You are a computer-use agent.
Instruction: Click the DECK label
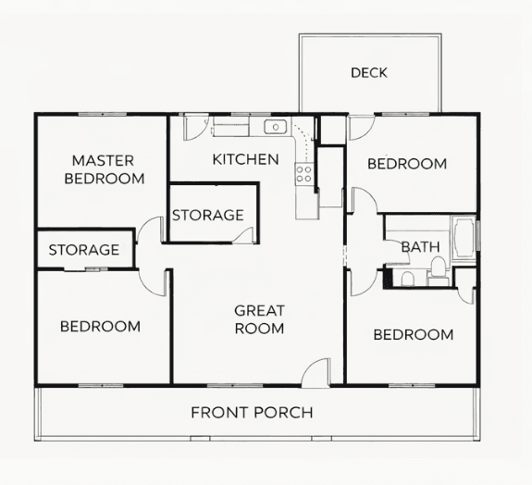(369, 72)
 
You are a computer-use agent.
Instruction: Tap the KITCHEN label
(245, 159)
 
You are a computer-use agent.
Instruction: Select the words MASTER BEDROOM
(105, 169)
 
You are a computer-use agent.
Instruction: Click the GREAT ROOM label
(260, 319)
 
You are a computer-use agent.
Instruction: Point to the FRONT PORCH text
(252, 413)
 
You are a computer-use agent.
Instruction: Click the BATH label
(421, 247)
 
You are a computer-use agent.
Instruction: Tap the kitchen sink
(276, 127)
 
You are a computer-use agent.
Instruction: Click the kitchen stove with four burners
(303, 174)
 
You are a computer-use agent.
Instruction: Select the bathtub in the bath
(464, 238)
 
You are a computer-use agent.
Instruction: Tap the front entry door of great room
(315, 373)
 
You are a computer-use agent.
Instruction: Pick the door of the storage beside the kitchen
(243, 235)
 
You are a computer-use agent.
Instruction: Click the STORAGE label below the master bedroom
(84, 250)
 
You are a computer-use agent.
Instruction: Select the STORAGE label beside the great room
(208, 215)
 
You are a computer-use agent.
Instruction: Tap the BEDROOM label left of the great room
(101, 327)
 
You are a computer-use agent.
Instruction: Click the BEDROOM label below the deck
(407, 164)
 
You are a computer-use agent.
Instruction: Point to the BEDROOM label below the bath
(414, 335)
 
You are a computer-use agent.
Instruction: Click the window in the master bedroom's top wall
(103, 115)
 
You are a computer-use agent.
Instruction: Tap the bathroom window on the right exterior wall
(478, 236)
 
